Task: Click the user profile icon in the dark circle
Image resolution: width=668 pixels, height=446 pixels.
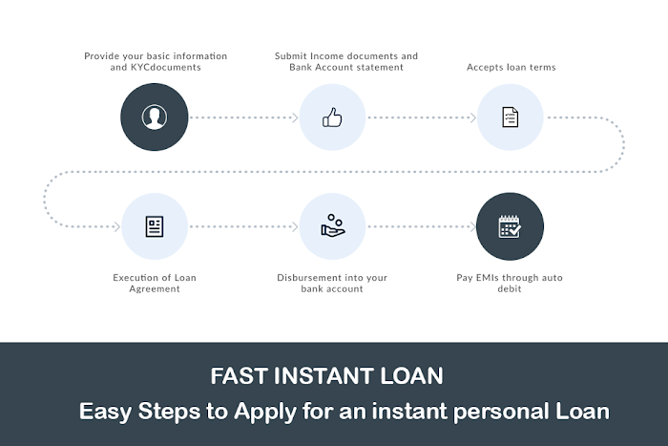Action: [155, 117]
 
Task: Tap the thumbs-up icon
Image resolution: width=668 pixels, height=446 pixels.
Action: [332, 117]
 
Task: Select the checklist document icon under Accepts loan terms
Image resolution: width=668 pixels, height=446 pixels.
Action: [510, 117]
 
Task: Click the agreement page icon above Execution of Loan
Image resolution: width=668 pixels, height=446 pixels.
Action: [155, 226]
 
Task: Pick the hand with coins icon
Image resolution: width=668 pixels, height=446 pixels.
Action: [333, 225]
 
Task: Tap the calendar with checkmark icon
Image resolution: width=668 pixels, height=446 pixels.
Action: [510, 226]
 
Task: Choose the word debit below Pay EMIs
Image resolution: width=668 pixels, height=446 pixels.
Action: [510, 288]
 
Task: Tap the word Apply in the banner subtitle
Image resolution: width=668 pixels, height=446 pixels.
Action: [264, 412]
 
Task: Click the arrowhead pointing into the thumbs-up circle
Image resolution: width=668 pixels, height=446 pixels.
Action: [295, 117]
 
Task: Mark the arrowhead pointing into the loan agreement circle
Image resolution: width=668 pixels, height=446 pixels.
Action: [117, 227]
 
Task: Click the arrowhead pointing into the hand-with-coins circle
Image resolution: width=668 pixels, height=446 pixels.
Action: [295, 227]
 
